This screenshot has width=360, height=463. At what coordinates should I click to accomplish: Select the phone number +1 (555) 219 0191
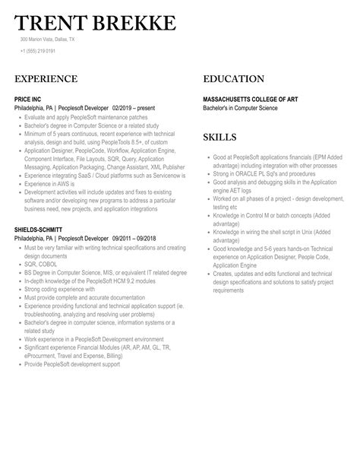coord(38,51)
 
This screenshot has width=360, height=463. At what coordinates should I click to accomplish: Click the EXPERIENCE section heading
coord(46,79)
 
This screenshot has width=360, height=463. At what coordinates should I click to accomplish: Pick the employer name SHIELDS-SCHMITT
coord(38,228)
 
